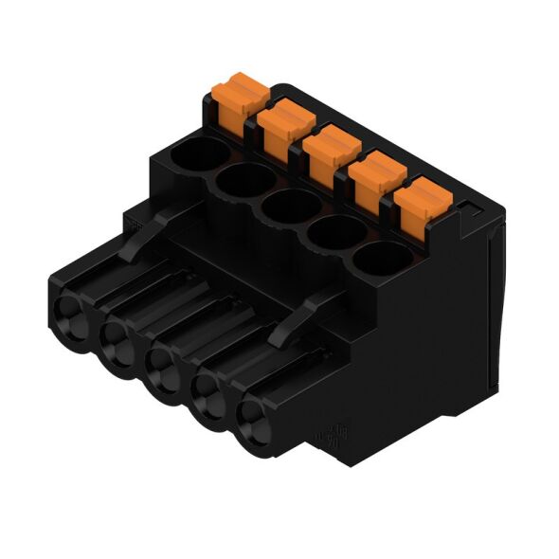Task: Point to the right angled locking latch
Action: (x=303, y=317)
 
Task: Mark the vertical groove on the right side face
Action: (x=489, y=313)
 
